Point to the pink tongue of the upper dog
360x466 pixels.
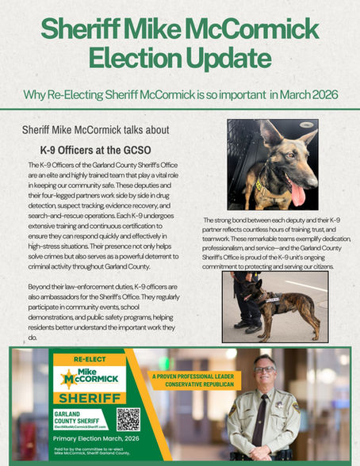coord(297,193)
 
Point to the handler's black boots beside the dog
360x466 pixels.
coord(248,325)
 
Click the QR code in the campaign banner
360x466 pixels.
coord(128,418)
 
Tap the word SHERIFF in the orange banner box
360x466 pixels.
coord(88,398)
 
